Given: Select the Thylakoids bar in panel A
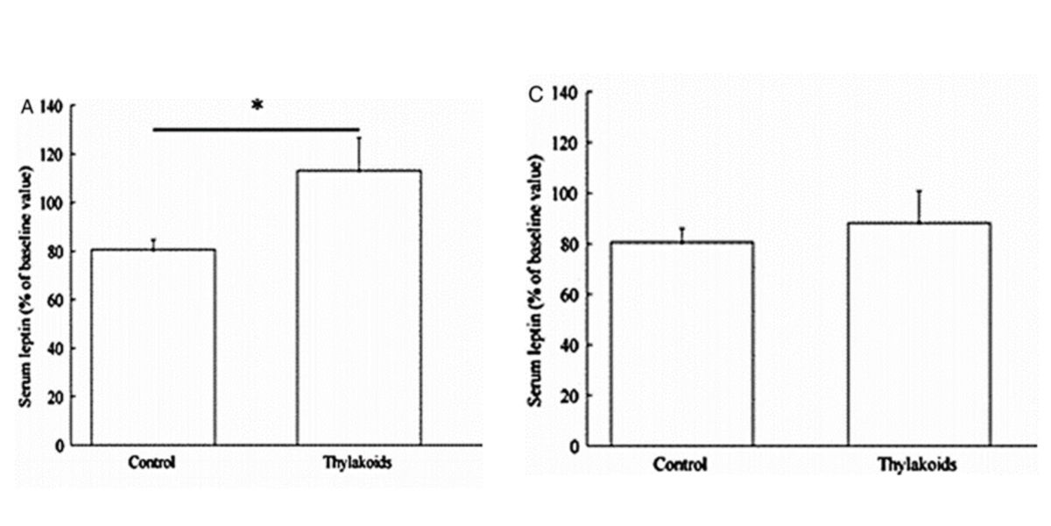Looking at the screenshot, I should click(x=358, y=307).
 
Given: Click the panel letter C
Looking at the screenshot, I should click(x=537, y=93).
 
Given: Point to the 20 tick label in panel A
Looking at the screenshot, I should click(x=55, y=397).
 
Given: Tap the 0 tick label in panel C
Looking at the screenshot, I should click(x=573, y=446).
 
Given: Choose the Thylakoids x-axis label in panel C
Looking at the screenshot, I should click(x=918, y=465).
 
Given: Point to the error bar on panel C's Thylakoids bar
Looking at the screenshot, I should click(x=920, y=206).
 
